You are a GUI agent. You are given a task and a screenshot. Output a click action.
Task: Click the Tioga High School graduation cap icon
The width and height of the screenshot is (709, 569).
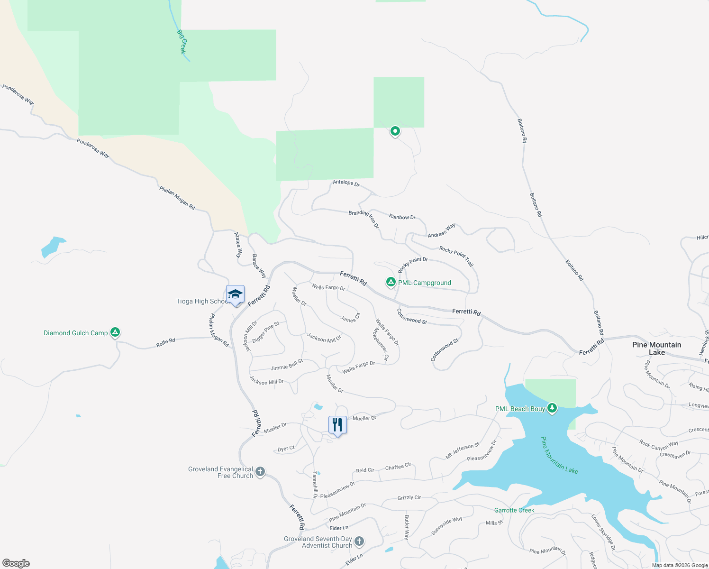click(235, 295)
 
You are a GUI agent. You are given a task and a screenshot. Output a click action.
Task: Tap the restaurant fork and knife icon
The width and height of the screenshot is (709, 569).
click(337, 425)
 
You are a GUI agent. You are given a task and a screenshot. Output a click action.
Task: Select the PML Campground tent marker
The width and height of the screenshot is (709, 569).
click(391, 283)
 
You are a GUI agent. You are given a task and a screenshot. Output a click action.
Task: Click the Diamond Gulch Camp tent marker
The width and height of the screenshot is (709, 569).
click(115, 333)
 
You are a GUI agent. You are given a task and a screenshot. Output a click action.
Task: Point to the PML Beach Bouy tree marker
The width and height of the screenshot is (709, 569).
click(552, 408)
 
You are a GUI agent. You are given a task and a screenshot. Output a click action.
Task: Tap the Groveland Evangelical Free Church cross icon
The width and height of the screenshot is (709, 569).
click(260, 472)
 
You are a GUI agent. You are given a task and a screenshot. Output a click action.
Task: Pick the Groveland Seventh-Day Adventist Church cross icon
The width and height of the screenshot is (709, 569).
click(359, 541)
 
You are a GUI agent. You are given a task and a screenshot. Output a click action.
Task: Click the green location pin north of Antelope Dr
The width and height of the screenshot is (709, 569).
click(395, 131)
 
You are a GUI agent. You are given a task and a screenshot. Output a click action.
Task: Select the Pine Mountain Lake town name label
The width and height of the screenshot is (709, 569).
click(656, 349)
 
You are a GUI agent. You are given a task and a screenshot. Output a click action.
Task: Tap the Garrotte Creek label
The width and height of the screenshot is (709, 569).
click(514, 510)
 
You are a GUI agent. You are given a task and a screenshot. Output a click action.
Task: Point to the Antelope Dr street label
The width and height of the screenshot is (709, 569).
click(346, 183)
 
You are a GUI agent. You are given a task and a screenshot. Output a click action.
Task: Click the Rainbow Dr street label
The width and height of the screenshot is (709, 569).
click(402, 217)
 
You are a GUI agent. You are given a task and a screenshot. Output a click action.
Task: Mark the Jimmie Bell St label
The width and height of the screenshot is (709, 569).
click(287, 365)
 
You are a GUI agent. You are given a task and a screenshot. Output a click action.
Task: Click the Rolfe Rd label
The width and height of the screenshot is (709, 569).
click(166, 342)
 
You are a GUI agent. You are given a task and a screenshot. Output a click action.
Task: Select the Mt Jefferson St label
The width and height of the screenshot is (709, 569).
click(463, 451)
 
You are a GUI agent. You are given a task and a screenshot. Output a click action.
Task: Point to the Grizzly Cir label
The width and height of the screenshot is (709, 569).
click(409, 498)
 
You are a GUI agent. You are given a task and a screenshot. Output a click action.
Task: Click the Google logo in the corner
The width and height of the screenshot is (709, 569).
click(16, 563)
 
